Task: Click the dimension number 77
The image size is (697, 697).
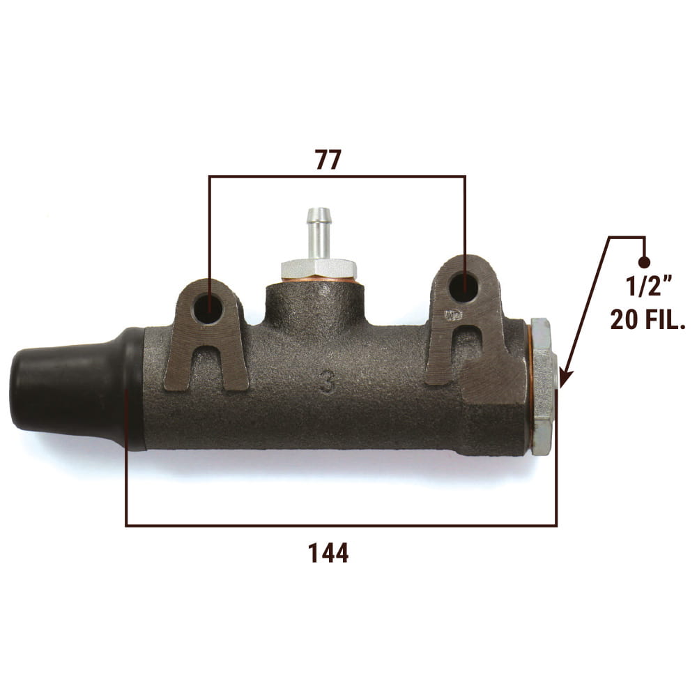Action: point(328,160)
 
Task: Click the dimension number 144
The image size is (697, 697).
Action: point(328,553)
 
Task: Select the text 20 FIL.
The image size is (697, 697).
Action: point(648,319)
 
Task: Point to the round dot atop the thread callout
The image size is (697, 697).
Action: point(643,262)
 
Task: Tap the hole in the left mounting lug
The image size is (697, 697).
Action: point(208,307)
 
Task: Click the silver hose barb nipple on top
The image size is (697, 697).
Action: point(319,233)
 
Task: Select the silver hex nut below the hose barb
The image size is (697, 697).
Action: point(319,270)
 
